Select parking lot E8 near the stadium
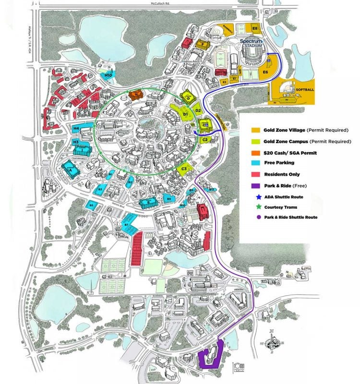(255, 29)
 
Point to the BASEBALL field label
(228, 30)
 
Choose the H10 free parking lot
(108, 75)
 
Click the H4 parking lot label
(76, 129)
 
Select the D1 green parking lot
(185, 114)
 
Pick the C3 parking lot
(183, 168)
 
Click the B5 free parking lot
(91, 205)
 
